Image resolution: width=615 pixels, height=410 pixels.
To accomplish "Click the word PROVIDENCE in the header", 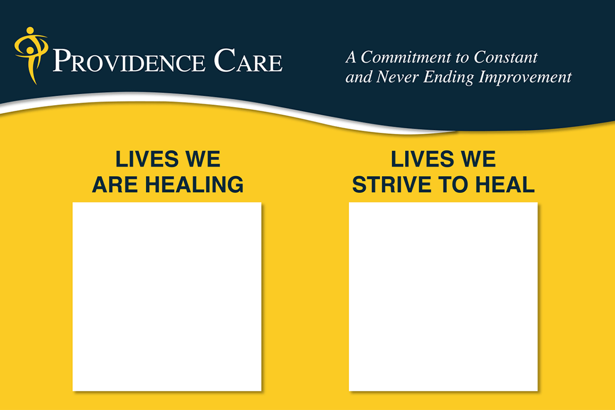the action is [x=129, y=60].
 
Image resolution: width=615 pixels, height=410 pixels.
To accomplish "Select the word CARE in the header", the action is [x=248, y=60].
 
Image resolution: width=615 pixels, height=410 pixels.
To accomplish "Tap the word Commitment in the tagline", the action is [x=406, y=57].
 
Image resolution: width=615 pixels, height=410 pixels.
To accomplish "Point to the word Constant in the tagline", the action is [x=505, y=57].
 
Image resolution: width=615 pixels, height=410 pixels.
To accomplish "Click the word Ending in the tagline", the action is [x=448, y=78].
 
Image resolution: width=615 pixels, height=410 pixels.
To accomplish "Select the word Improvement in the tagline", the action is [x=525, y=78].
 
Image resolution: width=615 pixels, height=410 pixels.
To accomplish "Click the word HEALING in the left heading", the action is [x=194, y=184].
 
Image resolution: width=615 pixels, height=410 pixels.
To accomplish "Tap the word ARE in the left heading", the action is [x=115, y=184].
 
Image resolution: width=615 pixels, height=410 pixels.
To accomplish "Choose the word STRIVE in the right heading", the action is [x=392, y=184].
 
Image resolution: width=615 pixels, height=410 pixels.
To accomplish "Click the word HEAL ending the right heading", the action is [x=505, y=184].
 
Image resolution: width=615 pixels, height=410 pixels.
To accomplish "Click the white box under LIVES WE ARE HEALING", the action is [x=167, y=297].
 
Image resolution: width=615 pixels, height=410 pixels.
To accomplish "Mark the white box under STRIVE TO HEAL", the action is [x=443, y=297].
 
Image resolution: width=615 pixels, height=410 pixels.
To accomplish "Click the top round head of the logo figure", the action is [x=30, y=30].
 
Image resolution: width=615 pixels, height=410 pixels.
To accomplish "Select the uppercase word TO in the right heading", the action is [x=453, y=184].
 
